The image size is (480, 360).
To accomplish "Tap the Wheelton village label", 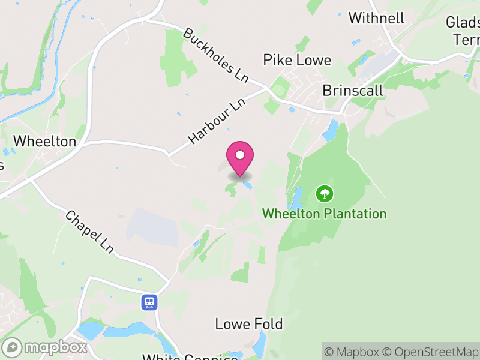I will click(45, 142).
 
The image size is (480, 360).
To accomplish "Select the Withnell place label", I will click(376, 18).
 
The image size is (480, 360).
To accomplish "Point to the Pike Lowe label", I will click(297, 60).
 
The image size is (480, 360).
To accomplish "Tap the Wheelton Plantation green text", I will click(325, 214).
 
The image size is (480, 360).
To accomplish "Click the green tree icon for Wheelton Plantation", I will click(325, 193).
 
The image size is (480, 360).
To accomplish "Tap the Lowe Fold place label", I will click(249, 324).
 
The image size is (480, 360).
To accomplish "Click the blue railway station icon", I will click(149, 302).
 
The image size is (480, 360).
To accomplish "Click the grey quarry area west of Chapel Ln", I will click(152, 227).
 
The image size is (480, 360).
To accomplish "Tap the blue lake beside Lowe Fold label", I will click(260, 344).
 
